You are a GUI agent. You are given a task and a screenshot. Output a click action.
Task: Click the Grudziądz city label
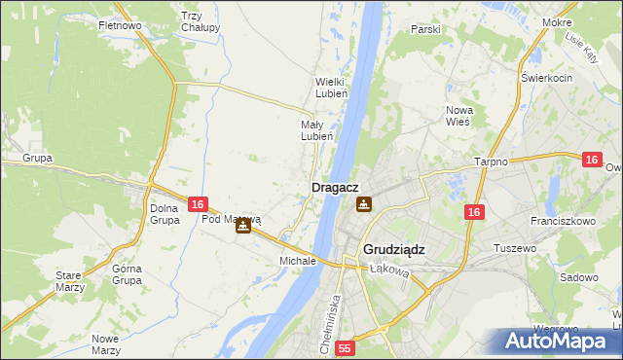tap(393, 249)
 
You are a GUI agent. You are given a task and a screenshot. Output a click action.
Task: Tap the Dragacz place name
tap(336, 187)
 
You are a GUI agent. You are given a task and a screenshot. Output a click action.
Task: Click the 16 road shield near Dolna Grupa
tap(198, 204)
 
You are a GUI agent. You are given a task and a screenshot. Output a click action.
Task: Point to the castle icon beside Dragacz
tap(363, 204)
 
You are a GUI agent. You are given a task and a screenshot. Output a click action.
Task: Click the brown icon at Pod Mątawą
tap(243, 225)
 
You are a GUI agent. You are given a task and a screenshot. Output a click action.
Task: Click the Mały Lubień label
tap(316, 130)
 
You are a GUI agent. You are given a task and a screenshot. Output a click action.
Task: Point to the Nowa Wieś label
tap(458, 116)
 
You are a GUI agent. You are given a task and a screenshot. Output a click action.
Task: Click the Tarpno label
tap(491, 162)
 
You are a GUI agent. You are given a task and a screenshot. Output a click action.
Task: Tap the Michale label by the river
tap(298, 261)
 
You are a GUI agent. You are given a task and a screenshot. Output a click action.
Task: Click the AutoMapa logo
tap(561, 342)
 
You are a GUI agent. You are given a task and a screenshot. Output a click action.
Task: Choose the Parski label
tap(425, 29)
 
